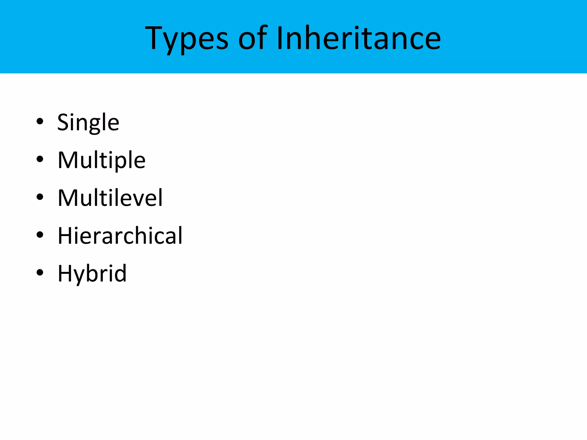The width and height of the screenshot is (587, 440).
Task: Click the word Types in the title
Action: [187, 38]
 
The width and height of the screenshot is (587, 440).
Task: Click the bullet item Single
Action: [88, 123]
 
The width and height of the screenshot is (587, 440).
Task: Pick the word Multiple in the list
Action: [101, 160]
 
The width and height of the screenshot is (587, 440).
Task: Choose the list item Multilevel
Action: [110, 198]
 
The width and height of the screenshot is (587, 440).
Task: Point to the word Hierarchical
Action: [120, 236]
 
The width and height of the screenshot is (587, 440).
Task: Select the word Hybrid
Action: [92, 274]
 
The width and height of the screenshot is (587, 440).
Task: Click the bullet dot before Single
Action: [40, 121]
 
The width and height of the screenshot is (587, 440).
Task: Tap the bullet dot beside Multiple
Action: [40, 159]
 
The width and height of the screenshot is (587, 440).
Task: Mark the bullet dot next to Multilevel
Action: [40, 197]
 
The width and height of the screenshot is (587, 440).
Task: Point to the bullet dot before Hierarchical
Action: [40, 235]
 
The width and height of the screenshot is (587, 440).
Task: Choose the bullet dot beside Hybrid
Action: [40, 272]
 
